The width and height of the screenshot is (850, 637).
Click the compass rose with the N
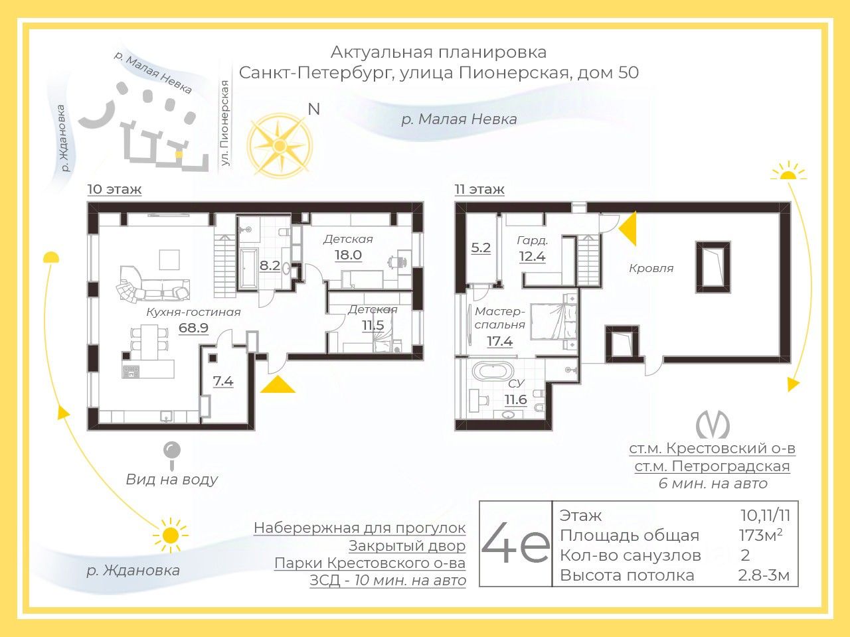(280, 145)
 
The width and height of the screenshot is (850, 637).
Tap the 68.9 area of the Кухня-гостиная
(194, 327)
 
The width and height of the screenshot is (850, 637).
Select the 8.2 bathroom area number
(270, 266)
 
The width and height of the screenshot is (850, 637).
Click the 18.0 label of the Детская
(347, 255)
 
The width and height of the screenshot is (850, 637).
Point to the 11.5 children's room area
(373, 325)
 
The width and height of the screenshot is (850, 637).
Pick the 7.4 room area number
(223, 382)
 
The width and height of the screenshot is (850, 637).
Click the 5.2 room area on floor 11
(481, 248)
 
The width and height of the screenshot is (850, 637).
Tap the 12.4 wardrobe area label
(532, 255)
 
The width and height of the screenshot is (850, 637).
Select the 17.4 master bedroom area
(499, 341)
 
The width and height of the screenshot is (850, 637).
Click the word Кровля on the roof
(651, 269)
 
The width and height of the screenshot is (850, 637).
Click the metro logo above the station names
(712, 425)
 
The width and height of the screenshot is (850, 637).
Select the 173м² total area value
(760, 535)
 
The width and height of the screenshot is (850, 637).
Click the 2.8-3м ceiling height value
(764, 575)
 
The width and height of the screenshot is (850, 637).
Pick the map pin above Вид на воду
(172, 452)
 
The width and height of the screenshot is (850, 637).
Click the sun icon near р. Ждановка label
(171, 534)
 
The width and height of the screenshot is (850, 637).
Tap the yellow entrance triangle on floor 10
(278, 385)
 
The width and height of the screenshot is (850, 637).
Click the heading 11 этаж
(479, 190)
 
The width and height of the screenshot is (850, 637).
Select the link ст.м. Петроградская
(712, 466)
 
